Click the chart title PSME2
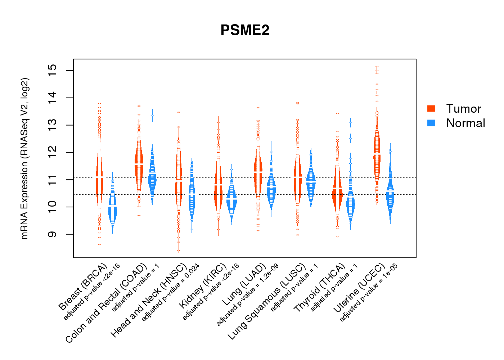(x=245, y=30)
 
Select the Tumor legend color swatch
(x=431, y=108)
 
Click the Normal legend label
(x=465, y=123)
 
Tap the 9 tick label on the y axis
(x=53, y=234)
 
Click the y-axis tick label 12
(x=53, y=152)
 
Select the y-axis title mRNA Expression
(x=24, y=158)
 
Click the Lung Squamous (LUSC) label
(x=267, y=302)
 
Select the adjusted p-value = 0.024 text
(x=170, y=293)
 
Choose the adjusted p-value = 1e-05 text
(x=368, y=292)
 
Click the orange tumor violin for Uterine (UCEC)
(x=377, y=155)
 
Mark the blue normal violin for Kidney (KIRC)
(x=231, y=200)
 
